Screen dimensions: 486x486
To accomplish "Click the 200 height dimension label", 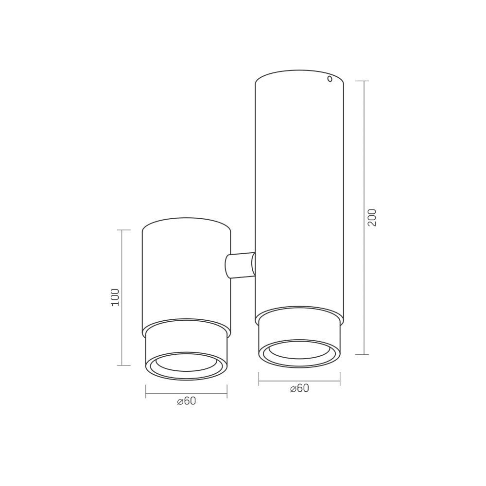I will [x=372, y=218].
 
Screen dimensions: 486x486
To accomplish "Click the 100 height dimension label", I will [x=115, y=297].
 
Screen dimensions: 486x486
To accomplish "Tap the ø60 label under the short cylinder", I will [x=187, y=401].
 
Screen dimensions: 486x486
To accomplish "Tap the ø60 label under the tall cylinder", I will [x=299, y=388].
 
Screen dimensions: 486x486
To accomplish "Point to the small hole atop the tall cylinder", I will [x=330, y=78].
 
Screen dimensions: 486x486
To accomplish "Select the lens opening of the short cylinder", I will [x=186, y=363].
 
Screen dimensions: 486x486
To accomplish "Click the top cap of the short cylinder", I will [x=186, y=225].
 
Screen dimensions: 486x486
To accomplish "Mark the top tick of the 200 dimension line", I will [x=363, y=81].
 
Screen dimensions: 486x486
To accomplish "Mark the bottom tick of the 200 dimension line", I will [x=363, y=354].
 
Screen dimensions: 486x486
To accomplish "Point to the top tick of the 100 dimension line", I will [x=124, y=230].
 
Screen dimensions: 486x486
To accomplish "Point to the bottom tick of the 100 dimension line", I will [x=124, y=365].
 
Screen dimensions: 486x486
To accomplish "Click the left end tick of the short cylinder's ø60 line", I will [x=146, y=392].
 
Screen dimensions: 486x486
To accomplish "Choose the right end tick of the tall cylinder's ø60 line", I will [x=340, y=379].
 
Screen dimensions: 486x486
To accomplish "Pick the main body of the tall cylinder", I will [x=299, y=194].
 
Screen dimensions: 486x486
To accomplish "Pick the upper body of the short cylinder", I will [x=186, y=277].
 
